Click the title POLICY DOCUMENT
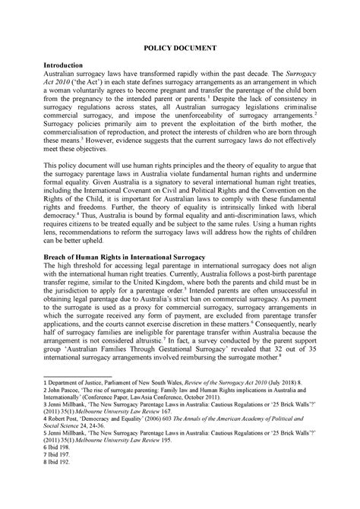click(x=180, y=47)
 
